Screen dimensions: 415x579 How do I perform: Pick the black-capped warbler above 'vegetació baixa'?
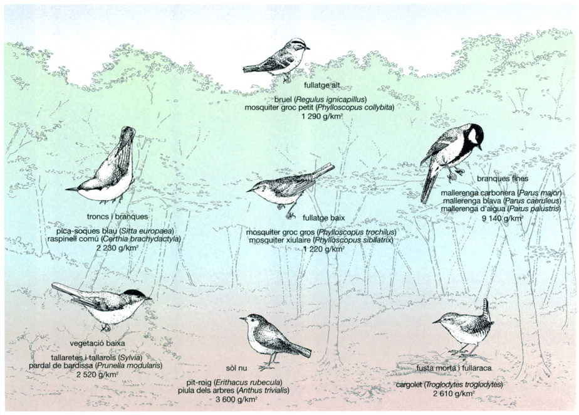[x=107, y=304]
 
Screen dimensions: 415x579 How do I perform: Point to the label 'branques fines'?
[x=498, y=179]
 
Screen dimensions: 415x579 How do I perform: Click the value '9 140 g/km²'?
[x=502, y=219]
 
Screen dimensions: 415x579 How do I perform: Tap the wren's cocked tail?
[x=486, y=308]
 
